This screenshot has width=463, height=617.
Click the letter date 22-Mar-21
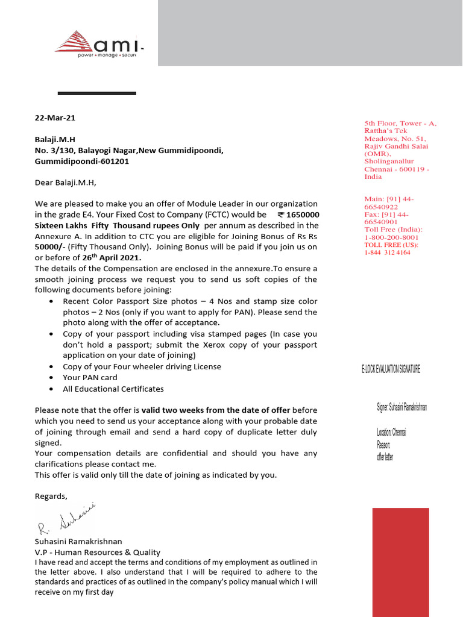(55, 118)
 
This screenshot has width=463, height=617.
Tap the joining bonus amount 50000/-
(49, 248)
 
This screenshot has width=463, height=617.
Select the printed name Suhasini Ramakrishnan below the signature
(78, 542)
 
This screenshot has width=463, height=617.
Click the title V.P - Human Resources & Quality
(98, 553)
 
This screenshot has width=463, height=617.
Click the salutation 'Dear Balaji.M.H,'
(66, 183)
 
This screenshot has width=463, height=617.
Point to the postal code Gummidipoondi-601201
(81, 161)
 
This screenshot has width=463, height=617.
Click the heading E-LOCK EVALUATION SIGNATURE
(386, 369)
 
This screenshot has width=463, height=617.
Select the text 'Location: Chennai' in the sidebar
(391, 433)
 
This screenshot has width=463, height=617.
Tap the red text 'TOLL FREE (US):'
(390, 245)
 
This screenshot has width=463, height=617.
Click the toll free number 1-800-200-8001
(392, 237)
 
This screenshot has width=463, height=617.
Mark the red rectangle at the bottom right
(400, 562)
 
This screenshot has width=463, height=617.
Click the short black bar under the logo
(96, 93)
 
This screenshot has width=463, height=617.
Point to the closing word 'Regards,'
(51, 496)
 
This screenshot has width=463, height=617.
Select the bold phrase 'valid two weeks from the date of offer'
(216, 410)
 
